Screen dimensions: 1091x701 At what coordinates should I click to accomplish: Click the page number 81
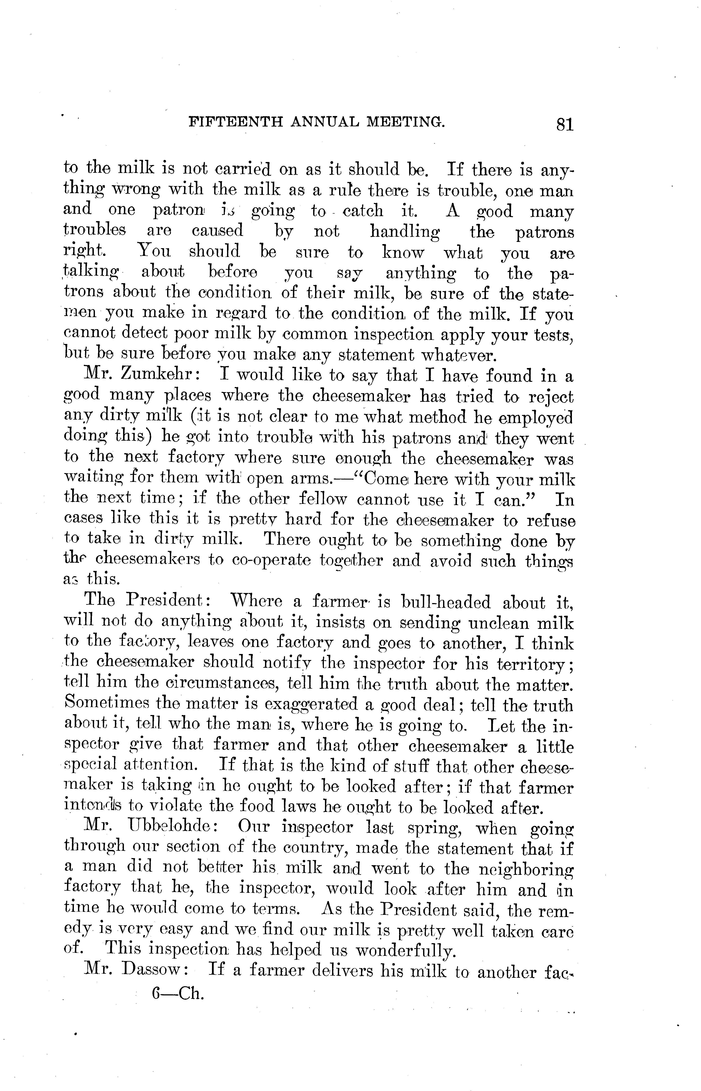coord(564,124)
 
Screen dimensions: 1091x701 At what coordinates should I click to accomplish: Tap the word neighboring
coord(527,870)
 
